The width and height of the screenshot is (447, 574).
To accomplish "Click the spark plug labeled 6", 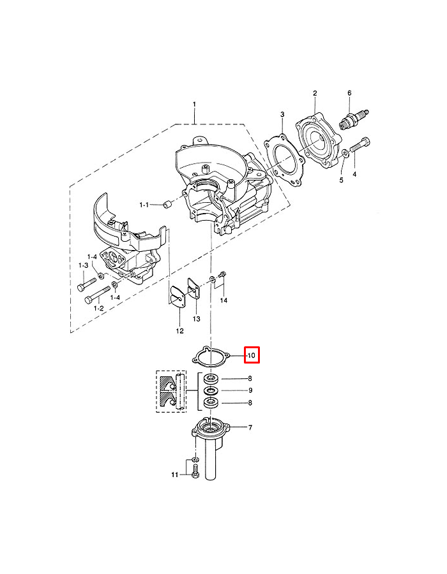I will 354,119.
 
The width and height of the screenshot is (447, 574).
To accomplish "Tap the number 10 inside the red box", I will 251,355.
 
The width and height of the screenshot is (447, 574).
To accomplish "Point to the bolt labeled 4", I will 361,144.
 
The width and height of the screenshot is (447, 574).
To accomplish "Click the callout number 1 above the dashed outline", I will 195,104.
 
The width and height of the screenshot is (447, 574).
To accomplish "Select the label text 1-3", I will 83,265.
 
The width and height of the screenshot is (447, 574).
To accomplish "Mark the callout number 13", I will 196,318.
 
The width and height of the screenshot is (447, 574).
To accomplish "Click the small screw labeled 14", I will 222,276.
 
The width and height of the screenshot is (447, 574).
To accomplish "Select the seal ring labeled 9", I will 211,390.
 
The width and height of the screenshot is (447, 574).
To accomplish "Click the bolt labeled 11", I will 195,473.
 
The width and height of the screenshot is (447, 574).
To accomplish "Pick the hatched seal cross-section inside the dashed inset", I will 169,390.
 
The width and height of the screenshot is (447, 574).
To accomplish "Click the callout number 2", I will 315,93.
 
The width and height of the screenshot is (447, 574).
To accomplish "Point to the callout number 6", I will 349,93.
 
